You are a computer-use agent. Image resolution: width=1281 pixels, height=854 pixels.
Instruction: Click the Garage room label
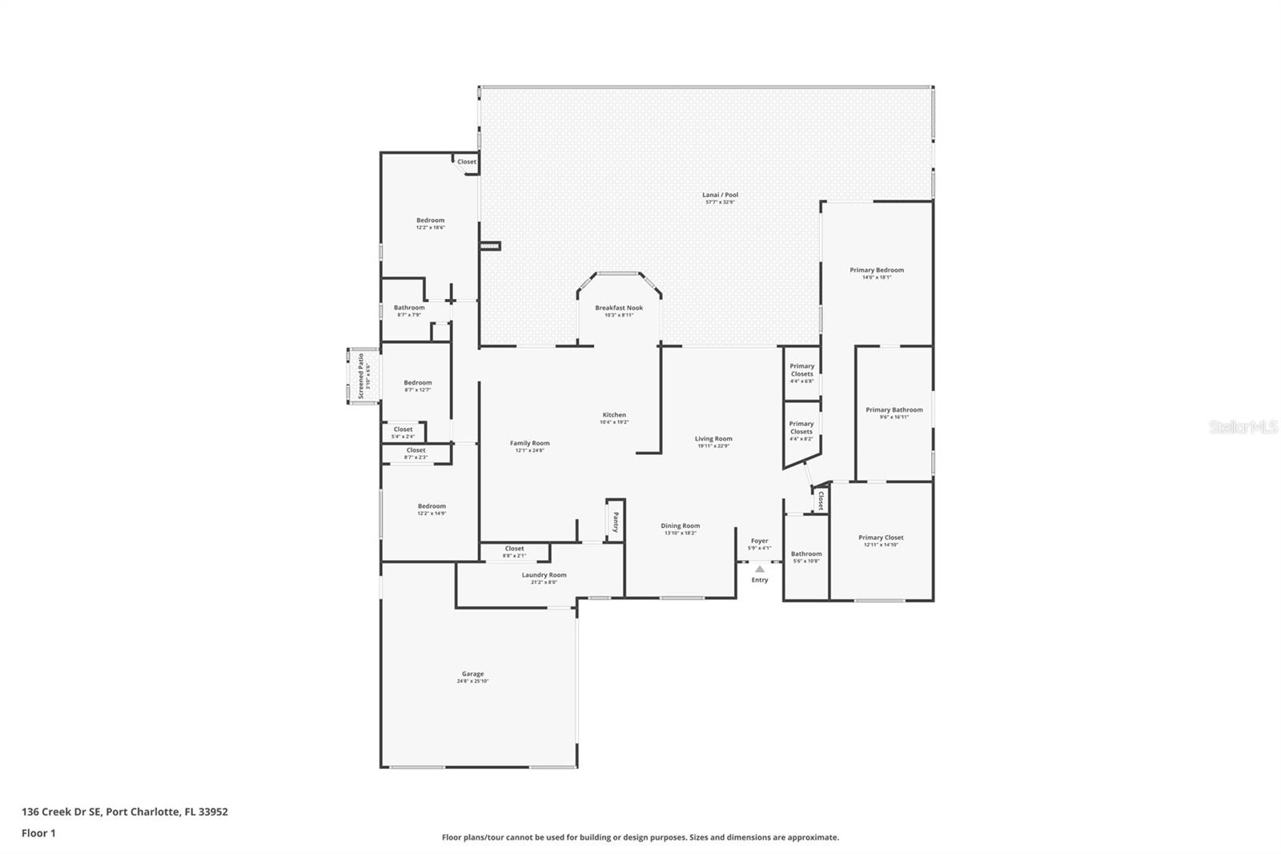[472, 674]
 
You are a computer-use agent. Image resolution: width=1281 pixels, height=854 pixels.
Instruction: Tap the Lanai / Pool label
[720, 195]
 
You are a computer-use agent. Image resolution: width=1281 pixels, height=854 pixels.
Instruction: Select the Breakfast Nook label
[619, 308]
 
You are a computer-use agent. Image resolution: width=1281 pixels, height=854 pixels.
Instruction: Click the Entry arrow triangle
[760, 569]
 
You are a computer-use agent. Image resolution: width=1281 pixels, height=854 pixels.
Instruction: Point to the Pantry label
[615, 522]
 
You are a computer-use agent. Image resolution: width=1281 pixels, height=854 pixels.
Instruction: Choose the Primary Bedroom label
[877, 270]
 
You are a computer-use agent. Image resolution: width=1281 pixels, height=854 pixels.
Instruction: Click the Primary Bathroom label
[893, 409]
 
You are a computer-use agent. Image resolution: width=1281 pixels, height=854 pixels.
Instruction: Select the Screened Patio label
[361, 376]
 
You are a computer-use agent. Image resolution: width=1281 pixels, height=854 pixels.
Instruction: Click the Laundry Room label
[544, 574]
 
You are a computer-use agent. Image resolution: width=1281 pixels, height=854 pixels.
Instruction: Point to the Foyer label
[759, 541]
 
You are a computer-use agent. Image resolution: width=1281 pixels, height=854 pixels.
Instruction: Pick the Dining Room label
[680, 526]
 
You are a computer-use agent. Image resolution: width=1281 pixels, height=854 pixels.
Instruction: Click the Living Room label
[713, 438]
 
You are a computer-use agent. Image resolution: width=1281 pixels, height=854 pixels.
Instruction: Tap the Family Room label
[530, 443]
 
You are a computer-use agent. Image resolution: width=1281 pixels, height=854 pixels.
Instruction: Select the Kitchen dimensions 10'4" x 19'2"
[615, 422]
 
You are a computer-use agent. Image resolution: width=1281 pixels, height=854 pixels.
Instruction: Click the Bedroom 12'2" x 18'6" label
[430, 220]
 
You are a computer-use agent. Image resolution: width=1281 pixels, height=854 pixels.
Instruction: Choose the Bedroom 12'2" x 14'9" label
[432, 506]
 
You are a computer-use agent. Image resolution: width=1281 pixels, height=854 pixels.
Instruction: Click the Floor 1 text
[38, 833]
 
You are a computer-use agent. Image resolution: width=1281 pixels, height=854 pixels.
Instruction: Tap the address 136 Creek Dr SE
[61, 812]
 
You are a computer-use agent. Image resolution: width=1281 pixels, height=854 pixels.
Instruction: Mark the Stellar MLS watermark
[1243, 428]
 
